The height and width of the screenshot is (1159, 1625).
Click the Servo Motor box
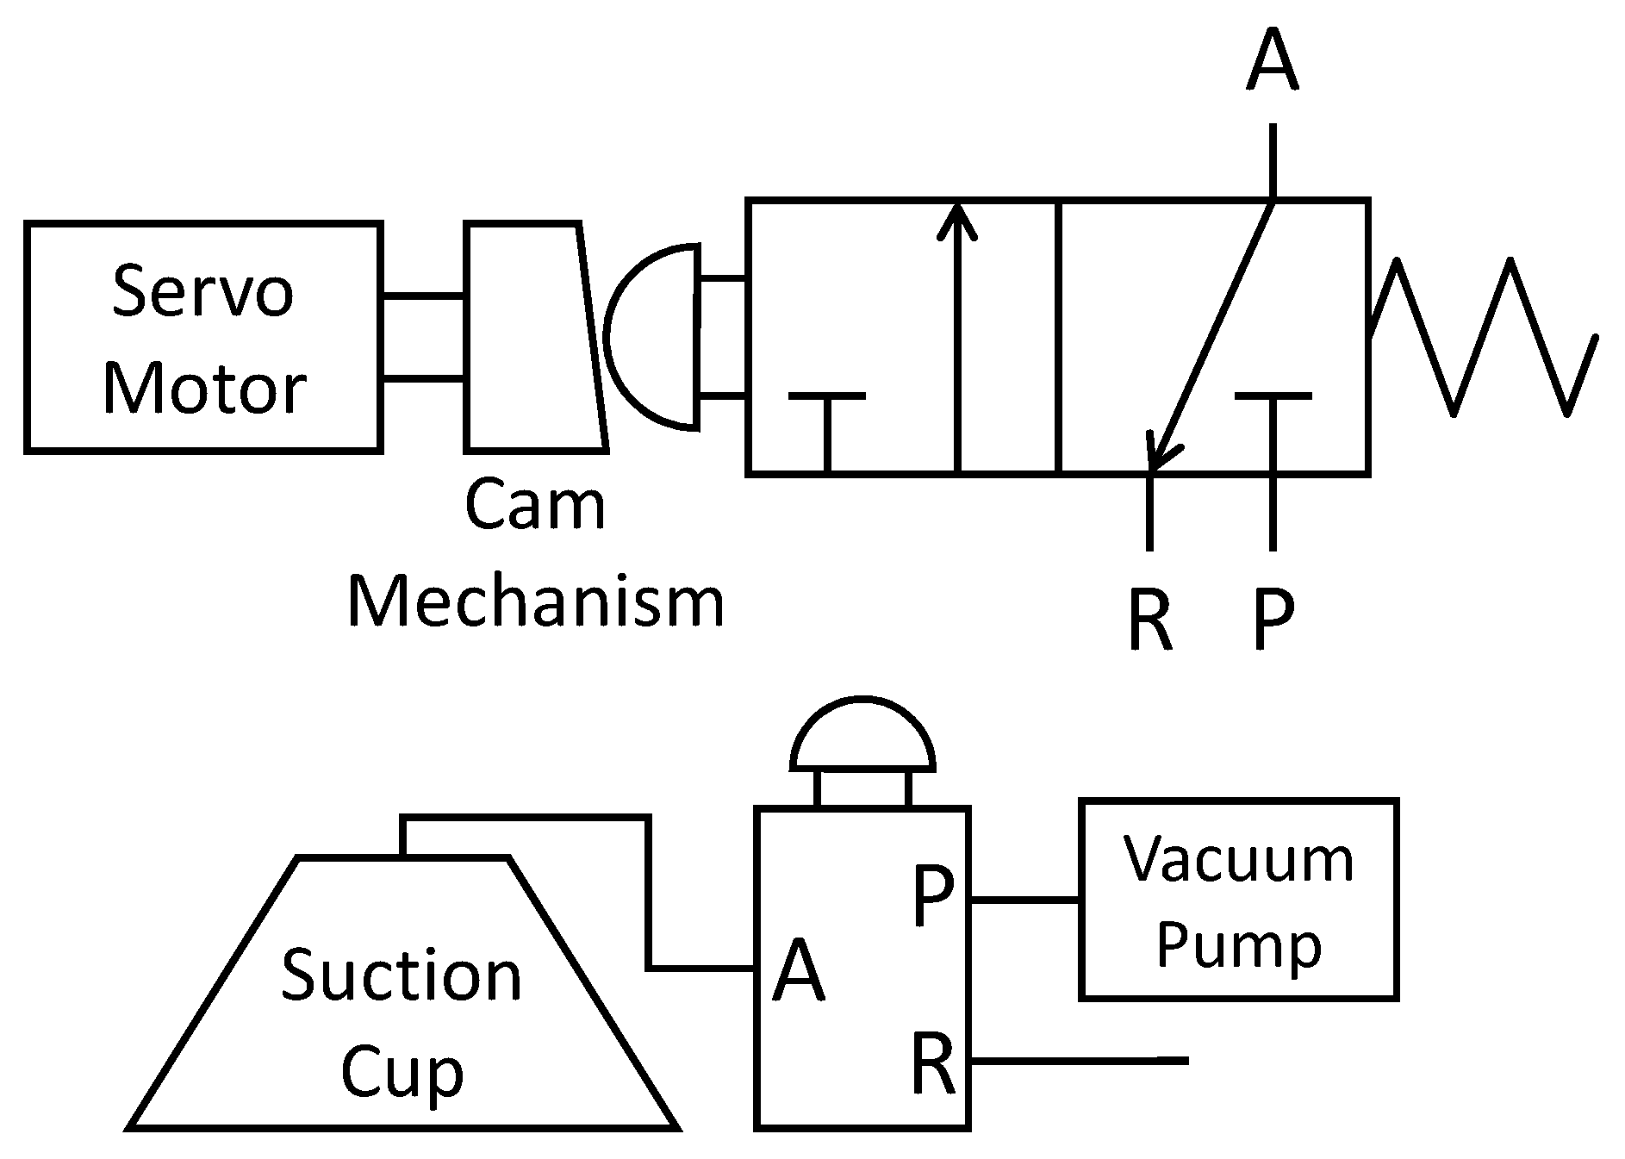pos(203,337)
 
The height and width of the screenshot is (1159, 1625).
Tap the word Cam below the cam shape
pos(534,506)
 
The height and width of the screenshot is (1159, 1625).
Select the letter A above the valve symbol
pos(1272,60)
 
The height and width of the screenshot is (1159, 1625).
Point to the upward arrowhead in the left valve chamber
pos(957,221)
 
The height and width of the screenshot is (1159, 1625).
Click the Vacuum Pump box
pos(1238,900)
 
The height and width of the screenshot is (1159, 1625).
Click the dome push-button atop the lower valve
pos(862,737)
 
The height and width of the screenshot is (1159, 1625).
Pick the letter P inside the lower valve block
pos(933,897)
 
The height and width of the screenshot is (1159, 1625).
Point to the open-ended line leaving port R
pos(1086,1060)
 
